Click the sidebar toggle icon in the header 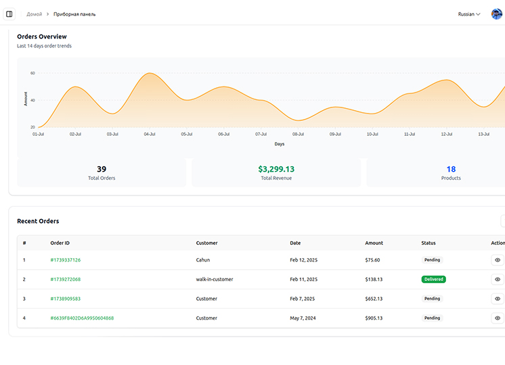tap(9, 14)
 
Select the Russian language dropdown tap(469, 14)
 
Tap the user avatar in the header tap(496, 14)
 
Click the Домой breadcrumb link tap(34, 14)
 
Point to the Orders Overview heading tap(42, 36)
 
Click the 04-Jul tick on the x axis tap(150, 134)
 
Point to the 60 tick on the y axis tap(32, 73)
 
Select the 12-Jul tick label tap(447, 134)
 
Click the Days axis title tap(280, 144)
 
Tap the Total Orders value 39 tap(102, 169)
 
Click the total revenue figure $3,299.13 tap(276, 169)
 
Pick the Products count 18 tap(451, 169)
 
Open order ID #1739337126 tap(65, 260)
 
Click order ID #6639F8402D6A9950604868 tap(82, 318)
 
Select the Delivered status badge tap(433, 279)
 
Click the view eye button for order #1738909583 tap(498, 299)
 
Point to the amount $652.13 tap(374, 299)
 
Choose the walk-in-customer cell tap(215, 279)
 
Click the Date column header tap(295, 243)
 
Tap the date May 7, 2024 tap(303, 318)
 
